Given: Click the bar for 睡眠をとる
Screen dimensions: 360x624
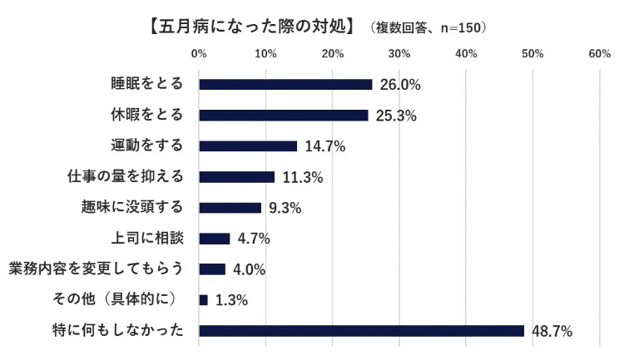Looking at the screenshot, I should coord(285,84).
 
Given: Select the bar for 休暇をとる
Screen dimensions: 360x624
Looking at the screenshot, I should coord(283,115).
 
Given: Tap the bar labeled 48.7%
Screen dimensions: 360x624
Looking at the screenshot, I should coord(361,330).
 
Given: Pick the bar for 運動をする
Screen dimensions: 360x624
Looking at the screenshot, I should coord(248,145).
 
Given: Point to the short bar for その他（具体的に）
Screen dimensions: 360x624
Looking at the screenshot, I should coord(203,299).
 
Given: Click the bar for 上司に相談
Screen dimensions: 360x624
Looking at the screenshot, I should coord(214,238).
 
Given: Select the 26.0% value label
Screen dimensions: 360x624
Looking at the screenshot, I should coord(399,85).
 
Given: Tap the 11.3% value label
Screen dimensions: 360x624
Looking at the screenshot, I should coord(302,177).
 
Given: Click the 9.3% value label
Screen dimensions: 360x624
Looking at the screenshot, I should coord(285,208).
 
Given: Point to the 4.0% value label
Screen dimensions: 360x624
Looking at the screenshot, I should coord(249,269).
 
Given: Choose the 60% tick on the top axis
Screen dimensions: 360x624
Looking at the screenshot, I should coord(599,54).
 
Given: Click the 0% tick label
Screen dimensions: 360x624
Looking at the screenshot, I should coord(200,54).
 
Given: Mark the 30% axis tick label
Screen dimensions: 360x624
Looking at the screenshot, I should coord(399,54).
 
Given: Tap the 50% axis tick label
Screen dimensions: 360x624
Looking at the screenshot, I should coord(532,54).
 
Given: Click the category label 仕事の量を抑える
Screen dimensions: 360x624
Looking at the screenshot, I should coord(124,176).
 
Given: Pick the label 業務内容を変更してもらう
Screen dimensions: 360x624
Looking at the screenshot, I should coord(96,269).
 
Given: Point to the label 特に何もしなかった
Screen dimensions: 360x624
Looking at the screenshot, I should coord(118,330).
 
